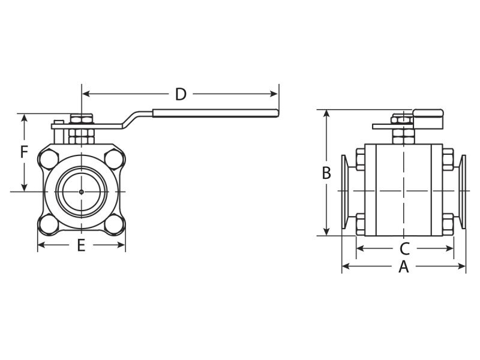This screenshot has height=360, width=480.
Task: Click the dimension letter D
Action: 181,94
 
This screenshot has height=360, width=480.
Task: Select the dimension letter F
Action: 24,152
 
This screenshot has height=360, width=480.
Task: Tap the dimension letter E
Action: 81,245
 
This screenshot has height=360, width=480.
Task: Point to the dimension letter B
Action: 326,173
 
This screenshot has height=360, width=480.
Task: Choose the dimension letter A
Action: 404,267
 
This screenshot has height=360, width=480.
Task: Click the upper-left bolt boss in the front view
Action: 48,160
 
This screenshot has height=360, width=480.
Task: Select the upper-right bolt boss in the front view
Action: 114,160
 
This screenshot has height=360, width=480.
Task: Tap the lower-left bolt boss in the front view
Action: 48,224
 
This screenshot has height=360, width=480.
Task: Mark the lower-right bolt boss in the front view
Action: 114,224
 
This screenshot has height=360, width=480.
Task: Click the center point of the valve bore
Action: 81,192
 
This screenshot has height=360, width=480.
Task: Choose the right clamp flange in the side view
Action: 463,191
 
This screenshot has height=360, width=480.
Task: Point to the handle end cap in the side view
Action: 427,118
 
